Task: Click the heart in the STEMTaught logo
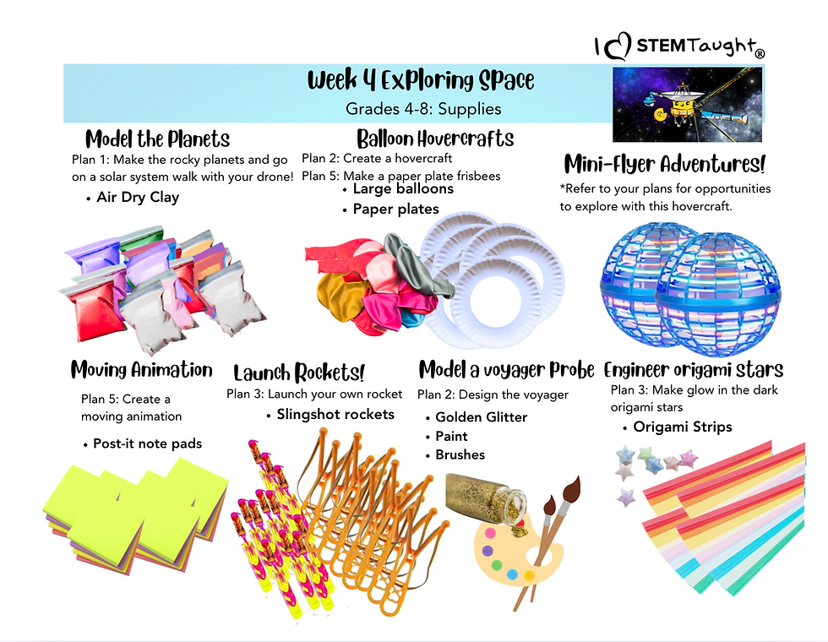618,46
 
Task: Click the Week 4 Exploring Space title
421,80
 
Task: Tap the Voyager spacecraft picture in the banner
687,104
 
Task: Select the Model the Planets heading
157,139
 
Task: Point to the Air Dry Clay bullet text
138,198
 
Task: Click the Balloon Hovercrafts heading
435,139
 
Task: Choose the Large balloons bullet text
403,189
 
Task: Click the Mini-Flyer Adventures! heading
665,164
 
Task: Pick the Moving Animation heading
142,370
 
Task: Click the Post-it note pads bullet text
147,443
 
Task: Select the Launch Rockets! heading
299,373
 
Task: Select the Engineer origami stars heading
694,370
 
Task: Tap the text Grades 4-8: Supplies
423,109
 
